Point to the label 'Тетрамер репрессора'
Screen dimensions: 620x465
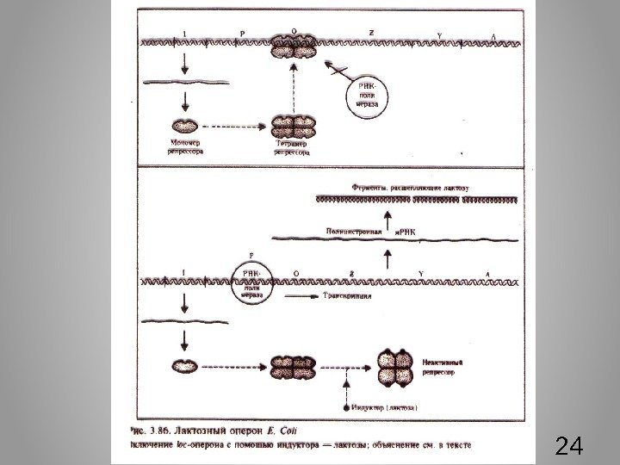coord(293,149)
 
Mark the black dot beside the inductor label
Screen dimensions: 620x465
coord(347,405)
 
